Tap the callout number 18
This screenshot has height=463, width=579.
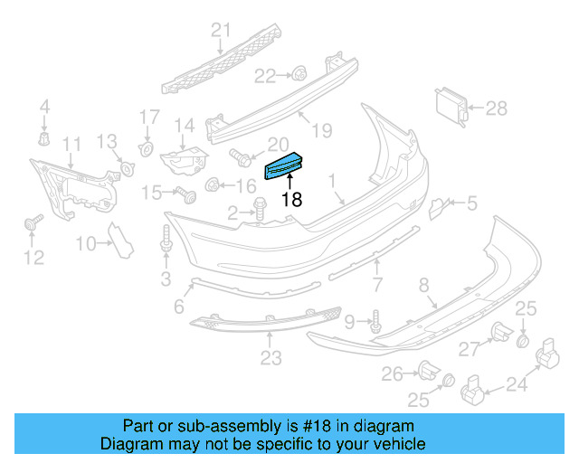click(290, 200)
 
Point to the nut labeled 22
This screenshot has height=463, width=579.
click(298, 74)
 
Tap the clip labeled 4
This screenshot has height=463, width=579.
click(43, 138)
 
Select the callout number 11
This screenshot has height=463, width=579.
click(71, 143)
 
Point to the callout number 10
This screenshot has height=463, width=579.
click(86, 242)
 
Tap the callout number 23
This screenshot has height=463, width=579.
click(271, 359)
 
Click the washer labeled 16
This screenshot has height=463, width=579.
click(213, 186)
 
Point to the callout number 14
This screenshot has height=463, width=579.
click(185, 125)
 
